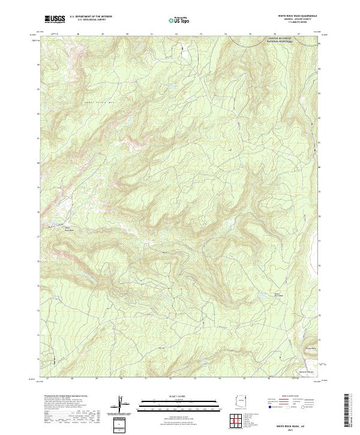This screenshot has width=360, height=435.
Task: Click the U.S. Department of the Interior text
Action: pos(90,17)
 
